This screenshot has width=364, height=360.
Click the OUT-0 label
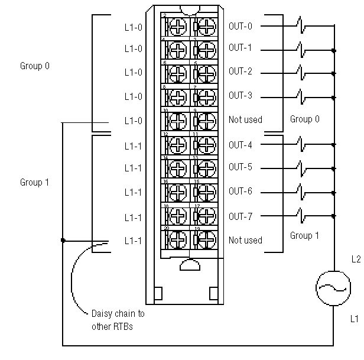(x=240, y=26)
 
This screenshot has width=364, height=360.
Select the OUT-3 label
(x=240, y=95)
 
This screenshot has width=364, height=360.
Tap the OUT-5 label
(x=240, y=167)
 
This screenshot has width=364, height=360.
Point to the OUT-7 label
(x=240, y=216)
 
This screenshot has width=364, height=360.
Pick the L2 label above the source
(x=355, y=259)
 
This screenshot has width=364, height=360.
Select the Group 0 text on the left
(x=35, y=66)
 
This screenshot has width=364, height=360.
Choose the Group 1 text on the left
(x=35, y=183)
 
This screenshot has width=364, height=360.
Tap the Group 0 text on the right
(x=305, y=119)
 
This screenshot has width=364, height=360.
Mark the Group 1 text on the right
(x=305, y=236)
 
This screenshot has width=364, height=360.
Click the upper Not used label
(x=245, y=119)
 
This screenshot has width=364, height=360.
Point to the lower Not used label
(x=245, y=240)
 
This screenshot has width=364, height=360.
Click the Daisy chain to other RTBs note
(x=118, y=319)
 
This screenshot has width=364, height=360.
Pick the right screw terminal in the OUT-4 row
(x=206, y=145)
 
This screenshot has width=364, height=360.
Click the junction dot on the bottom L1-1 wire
(x=63, y=240)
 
